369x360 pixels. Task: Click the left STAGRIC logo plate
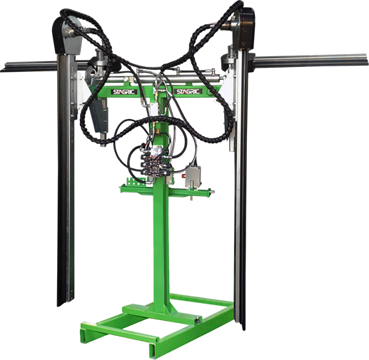[x=123, y=92]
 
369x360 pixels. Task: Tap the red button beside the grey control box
[x=183, y=176]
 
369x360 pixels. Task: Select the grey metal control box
[x=193, y=176]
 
